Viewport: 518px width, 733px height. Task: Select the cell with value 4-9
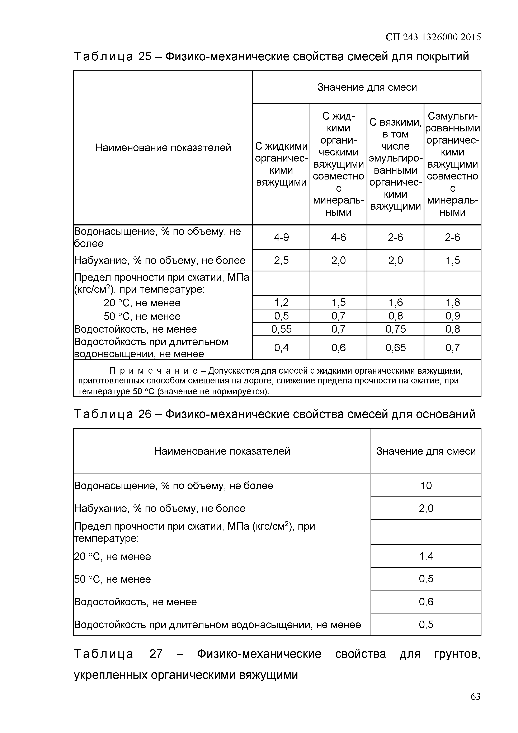[x=281, y=237]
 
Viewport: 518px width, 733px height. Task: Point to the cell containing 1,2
[x=281, y=302]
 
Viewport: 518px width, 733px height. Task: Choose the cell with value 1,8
[x=452, y=302]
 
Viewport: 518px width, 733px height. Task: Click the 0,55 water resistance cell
[x=281, y=329]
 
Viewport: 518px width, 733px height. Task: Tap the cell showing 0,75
[x=395, y=329]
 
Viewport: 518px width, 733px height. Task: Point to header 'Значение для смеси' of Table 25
[x=367, y=87]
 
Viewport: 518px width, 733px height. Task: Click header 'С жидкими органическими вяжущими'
[x=281, y=164]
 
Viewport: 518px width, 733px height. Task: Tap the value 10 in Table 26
[x=426, y=486]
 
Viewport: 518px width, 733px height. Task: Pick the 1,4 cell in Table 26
[x=426, y=556]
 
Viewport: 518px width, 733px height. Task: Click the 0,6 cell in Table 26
[x=426, y=602]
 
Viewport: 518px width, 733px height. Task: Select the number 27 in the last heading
[x=156, y=654]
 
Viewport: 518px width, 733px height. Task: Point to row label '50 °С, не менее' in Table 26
[x=112, y=579]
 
